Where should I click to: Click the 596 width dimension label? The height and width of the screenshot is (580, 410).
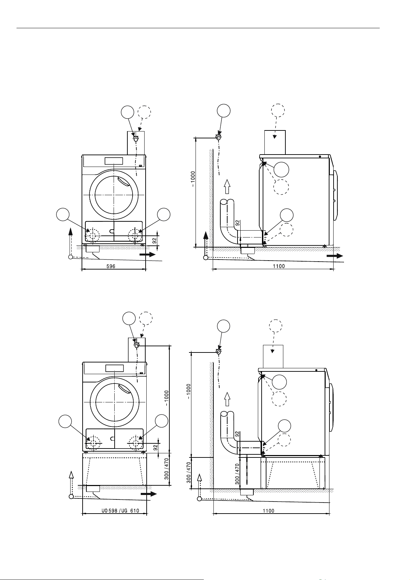point(111,266)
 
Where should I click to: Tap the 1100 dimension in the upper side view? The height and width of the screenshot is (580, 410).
point(279,266)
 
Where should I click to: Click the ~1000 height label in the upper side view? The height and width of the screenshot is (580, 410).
point(193,179)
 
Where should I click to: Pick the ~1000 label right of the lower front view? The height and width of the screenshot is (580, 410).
point(166,398)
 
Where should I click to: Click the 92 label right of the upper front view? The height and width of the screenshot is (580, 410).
point(154,241)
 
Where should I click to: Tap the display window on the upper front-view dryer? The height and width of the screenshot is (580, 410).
point(114,161)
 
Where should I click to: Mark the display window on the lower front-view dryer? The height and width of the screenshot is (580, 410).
point(115,368)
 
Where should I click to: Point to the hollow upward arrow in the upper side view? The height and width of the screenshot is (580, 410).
point(227,187)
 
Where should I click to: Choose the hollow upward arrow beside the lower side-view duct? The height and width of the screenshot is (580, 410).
point(227,399)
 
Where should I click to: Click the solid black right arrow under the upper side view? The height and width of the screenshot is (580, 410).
point(335,256)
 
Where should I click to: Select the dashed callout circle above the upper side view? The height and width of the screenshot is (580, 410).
point(278,110)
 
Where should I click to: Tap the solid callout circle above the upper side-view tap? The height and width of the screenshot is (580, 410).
point(223,110)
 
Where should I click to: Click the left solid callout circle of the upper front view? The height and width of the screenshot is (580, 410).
point(63,214)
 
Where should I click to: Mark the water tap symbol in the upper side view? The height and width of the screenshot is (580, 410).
point(219,137)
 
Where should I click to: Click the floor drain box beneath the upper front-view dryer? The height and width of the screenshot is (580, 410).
point(93,249)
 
